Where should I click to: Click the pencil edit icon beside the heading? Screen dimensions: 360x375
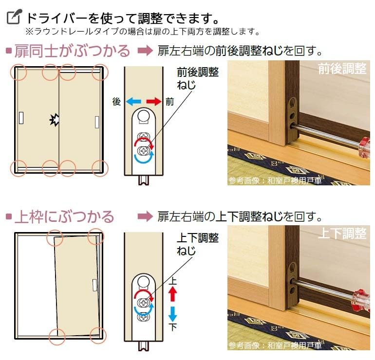point(14,18)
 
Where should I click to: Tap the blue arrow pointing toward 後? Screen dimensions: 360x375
point(133,102)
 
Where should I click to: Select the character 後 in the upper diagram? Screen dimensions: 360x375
point(116,102)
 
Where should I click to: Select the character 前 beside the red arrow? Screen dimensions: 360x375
point(169,102)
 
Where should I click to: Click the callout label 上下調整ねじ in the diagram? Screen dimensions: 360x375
point(197,245)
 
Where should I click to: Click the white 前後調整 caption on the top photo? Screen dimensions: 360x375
point(342,69)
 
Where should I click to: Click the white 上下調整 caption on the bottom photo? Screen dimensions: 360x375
point(342,234)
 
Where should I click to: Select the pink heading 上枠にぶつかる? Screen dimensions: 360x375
point(64,216)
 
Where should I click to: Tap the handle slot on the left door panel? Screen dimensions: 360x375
point(21,118)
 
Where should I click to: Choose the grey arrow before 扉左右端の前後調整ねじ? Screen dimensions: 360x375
point(145,51)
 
